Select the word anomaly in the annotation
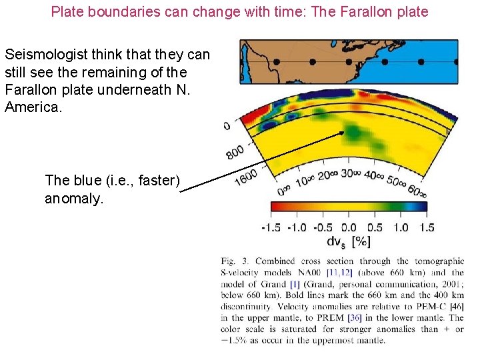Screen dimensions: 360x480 pyautogui.click(x=74, y=198)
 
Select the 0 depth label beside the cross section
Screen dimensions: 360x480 pyautogui.click(x=227, y=126)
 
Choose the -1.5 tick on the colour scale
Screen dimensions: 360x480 pyautogui.click(x=272, y=227)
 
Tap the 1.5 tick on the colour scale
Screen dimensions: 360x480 pyautogui.click(x=426, y=227)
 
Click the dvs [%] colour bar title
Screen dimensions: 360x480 pyautogui.click(x=349, y=241)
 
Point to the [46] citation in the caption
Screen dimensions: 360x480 pyautogui.click(x=456, y=306)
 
